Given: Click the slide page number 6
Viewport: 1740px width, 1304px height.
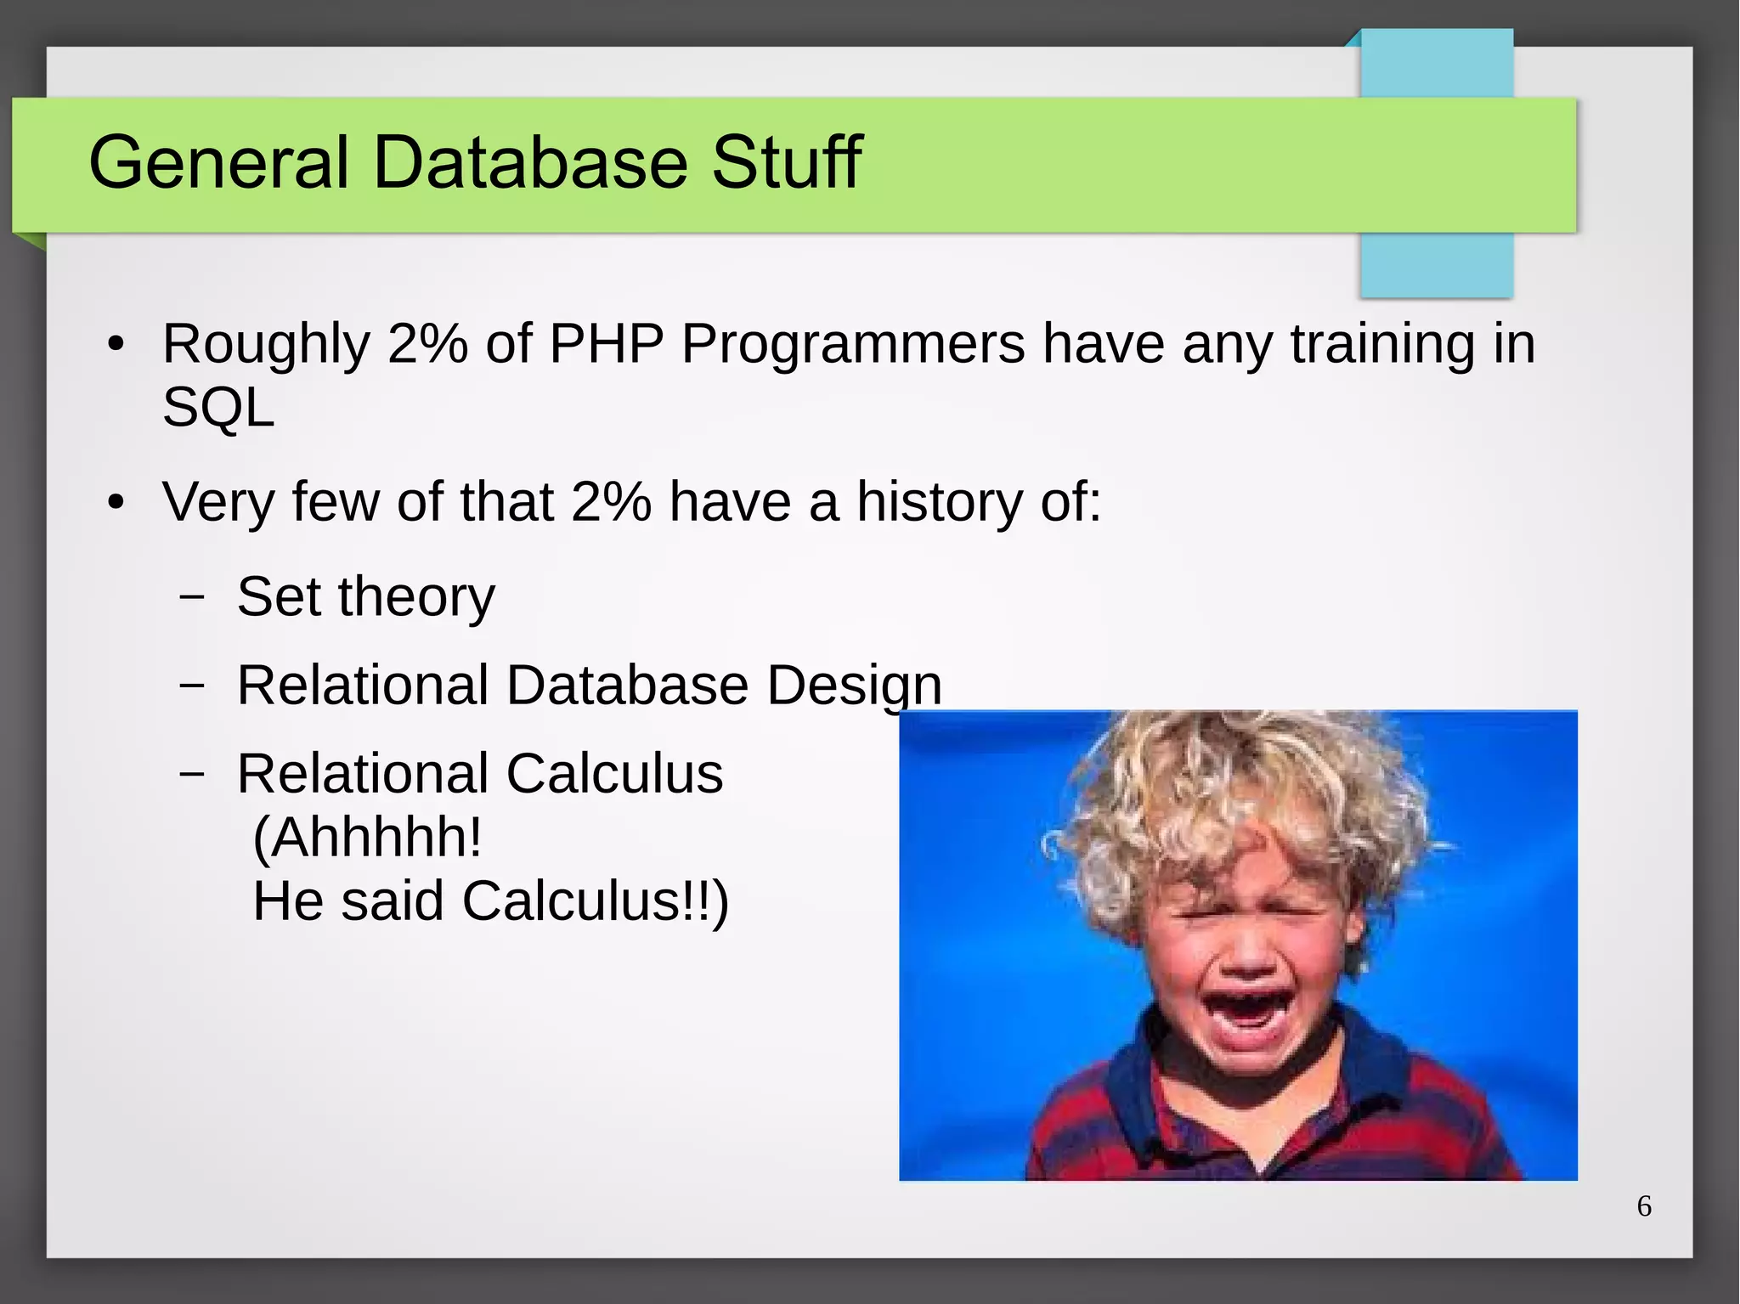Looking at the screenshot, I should [x=1644, y=1206].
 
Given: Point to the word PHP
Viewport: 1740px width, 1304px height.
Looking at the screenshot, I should [x=607, y=344].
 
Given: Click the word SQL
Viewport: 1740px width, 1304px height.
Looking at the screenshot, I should [x=218, y=408].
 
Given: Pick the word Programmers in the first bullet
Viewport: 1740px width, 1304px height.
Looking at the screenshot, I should [x=853, y=346].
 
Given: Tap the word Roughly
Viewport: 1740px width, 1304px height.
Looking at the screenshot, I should [x=266, y=346].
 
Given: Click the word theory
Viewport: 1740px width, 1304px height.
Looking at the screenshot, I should [x=416, y=598].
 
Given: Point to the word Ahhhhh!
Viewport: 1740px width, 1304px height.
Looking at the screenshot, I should [x=368, y=838].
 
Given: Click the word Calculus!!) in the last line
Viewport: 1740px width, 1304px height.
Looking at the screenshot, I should [x=596, y=901].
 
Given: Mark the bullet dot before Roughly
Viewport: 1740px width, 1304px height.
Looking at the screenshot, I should [x=116, y=345].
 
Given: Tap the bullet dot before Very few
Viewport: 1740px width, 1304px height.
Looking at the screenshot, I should [x=116, y=503].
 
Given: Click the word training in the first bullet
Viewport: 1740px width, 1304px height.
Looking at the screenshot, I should [x=1382, y=346].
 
